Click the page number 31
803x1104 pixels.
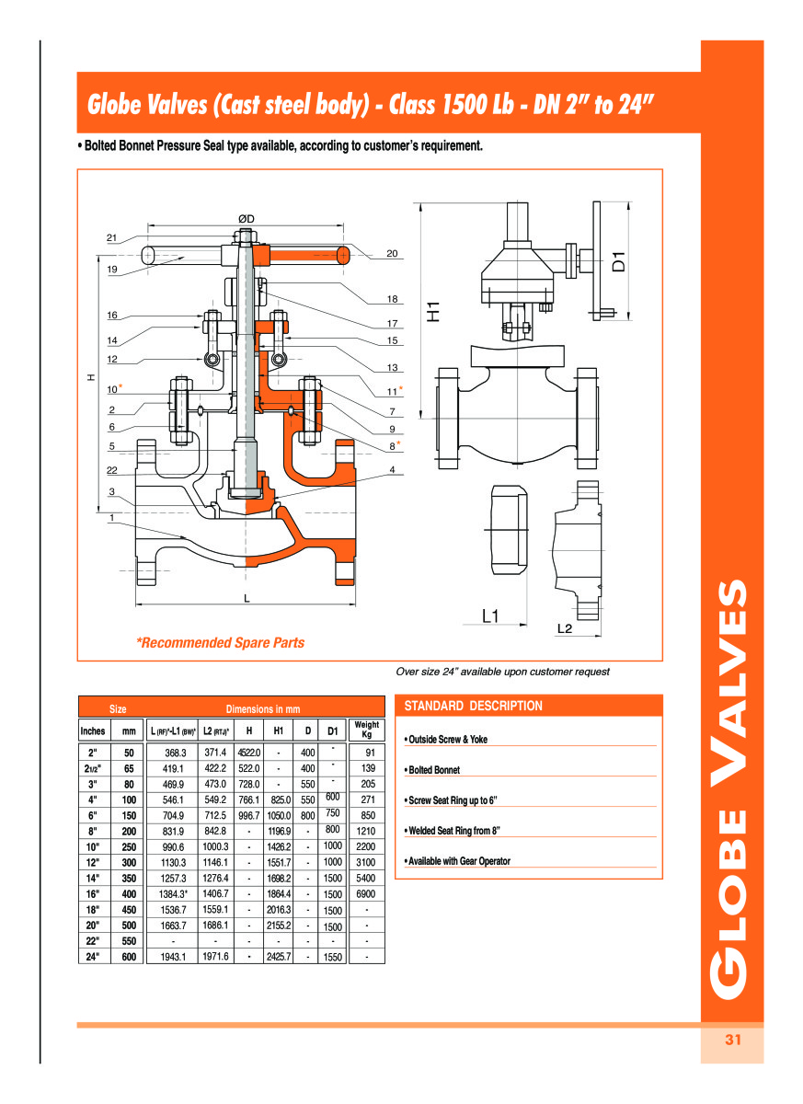(x=732, y=1040)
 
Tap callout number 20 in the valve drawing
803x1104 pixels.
(x=392, y=253)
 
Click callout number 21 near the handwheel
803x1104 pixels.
(x=111, y=237)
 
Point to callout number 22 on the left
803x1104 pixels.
(x=111, y=470)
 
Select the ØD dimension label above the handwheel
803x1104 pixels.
(x=246, y=218)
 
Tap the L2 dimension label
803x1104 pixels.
(x=565, y=628)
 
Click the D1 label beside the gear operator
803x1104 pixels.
(x=619, y=260)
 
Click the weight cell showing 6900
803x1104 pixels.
(x=367, y=893)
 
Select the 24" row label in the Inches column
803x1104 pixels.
(x=93, y=957)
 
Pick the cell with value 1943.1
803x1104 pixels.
(x=174, y=957)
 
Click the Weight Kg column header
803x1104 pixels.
(x=367, y=730)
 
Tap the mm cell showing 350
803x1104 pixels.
(x=129, y=878)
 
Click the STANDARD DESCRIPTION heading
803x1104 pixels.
(x=474, y=706)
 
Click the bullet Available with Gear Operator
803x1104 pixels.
(x=457, y=861)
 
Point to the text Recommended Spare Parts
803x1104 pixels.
(x=220, y=643)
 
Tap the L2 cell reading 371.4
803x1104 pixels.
(x=215, y=753)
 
